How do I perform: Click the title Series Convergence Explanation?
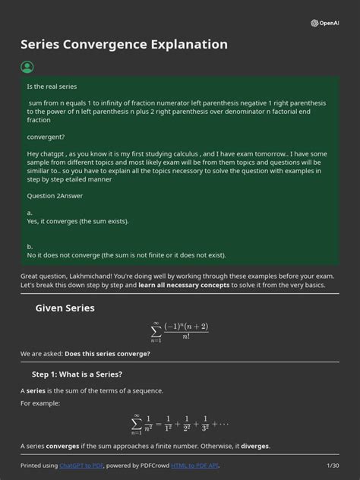tap(124, 44)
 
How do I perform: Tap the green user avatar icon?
tap(27, 68)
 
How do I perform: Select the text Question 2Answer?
tap(55, 196)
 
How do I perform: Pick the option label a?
tap(30, 213)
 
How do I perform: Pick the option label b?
tap(30, 246)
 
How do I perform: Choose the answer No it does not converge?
tap(126, 254)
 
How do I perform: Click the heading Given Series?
tap(65, 308)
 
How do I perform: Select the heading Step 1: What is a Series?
tap(77, 374)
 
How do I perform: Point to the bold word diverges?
tap(255, 446)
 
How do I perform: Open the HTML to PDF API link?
tap(194, 465)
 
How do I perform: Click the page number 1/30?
tap(332, 465)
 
